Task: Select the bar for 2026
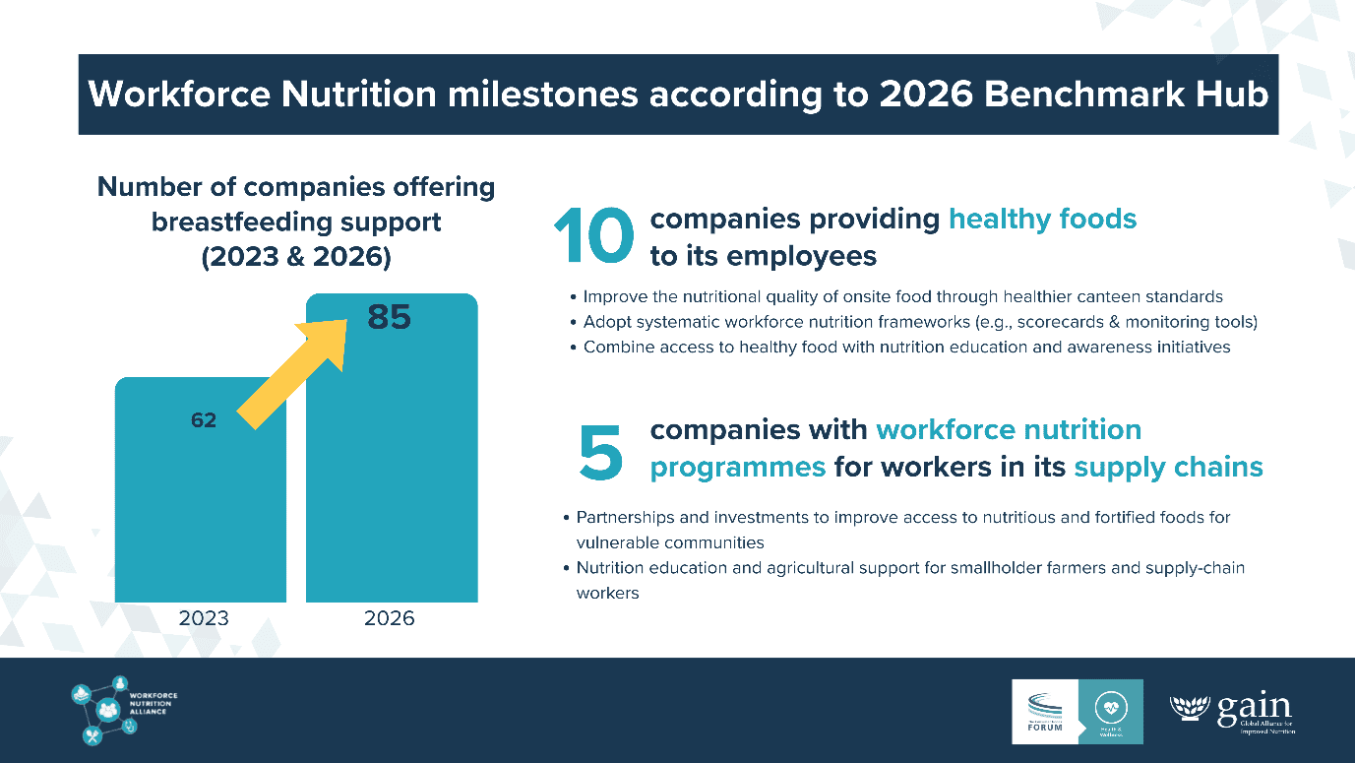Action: pyautogui.click(x=392, y=473)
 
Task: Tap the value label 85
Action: pyautogui.click(x=389, y=318)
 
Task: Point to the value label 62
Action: pyautogui.click(x=204, y=420)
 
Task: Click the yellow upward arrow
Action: pyautogui.click(x=295, y=369)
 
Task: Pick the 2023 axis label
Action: pyautogui.click(x=204, y=618)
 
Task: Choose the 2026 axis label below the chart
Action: pyautogui.click(x=390, y=618)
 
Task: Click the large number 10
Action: pyautogui.click(x=592, y=237)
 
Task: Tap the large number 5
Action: pyautogui.click(x=600, y=451)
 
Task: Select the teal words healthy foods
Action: pyautogui.click(x=1042, y=219)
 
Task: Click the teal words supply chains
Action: pyautogui.click(x=1168, y=467)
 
